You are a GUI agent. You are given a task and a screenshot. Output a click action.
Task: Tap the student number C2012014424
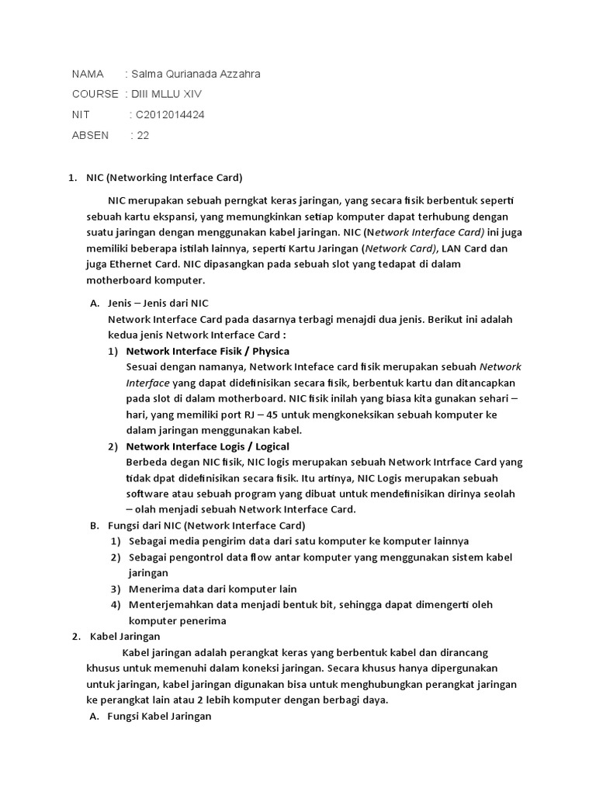coord(170,114)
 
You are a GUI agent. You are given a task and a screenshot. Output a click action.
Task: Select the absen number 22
coord(143,134)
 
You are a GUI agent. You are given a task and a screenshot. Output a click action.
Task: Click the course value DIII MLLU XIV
coord(167,94)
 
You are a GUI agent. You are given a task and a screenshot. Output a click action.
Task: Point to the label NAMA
coord(88,74)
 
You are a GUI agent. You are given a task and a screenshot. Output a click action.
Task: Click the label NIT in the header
coord(81,114)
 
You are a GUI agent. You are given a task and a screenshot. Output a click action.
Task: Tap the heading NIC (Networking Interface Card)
coord(165,177)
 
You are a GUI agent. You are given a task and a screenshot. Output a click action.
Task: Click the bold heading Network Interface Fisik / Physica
coord(207,351)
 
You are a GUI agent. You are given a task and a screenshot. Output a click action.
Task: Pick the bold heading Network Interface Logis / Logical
coord(207,446)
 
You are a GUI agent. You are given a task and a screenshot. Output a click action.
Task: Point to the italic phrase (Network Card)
coord(400,248)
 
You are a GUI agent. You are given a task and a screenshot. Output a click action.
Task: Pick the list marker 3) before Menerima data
coord(115,588)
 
